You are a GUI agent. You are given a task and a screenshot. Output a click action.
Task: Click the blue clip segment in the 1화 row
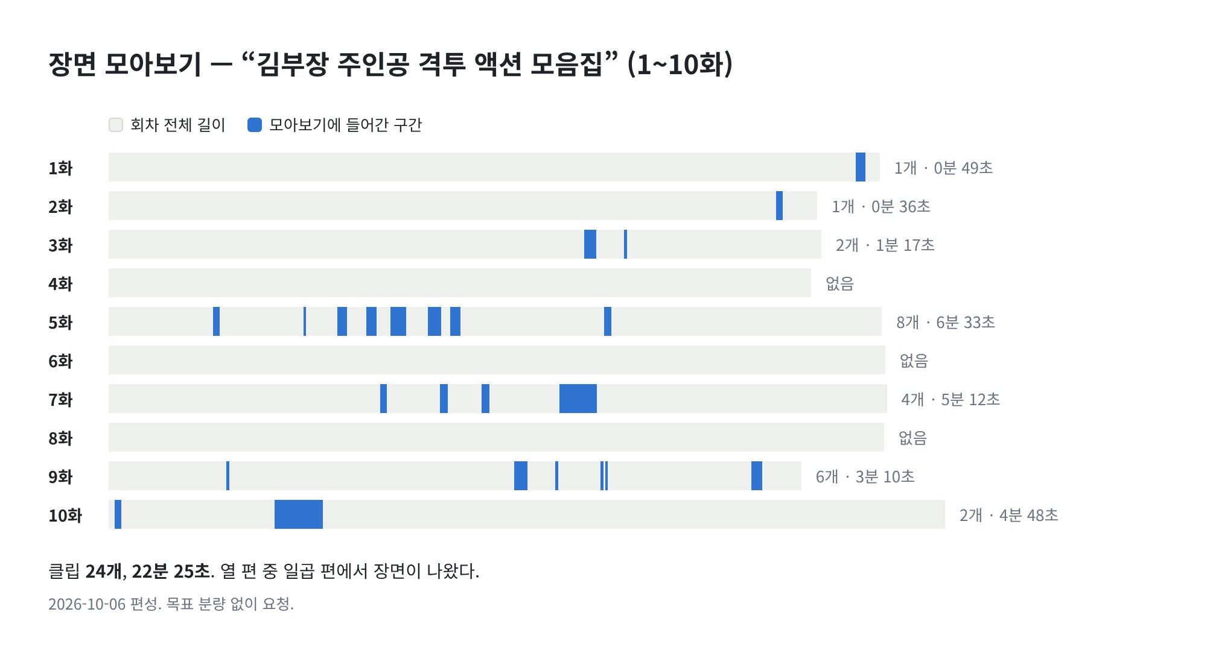tap(861, 167)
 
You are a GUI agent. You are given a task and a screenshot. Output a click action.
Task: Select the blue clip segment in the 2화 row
tap(779, 206)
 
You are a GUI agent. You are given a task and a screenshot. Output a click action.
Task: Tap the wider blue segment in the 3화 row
tap(590, 244)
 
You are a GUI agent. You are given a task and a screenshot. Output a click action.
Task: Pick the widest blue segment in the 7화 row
tap(578, 399)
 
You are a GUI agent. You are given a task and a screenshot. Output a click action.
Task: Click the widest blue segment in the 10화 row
tap(299, 514)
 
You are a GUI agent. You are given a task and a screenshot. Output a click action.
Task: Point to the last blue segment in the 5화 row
tap(608, 321)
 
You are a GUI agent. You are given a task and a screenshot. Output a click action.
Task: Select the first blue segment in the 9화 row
tap(228, 476)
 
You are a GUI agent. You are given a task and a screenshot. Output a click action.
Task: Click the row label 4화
tap(60, 283)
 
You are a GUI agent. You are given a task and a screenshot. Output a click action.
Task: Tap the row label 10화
tap(65, 515)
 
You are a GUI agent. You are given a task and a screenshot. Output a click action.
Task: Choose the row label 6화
tap(60, 361)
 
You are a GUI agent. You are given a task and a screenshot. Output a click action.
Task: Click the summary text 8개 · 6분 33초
tap(946, 323)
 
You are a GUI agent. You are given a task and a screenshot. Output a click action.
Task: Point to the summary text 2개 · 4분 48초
tap(1009, 516)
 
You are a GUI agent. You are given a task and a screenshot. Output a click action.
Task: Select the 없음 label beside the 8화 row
tap(912, 438)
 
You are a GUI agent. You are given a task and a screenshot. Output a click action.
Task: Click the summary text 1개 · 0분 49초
tap(943, 168)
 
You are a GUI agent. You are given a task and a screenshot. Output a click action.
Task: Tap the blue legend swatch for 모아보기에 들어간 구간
tap(255, 125)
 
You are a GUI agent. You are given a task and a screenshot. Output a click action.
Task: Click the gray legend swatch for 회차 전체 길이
tap(116, 125)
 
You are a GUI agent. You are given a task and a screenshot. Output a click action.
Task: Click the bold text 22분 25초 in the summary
tap(171, 571)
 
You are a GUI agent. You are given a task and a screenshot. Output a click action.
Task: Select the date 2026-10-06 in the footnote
tap(87, 604)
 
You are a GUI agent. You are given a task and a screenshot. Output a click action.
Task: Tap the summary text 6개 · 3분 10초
tap(865, 477)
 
